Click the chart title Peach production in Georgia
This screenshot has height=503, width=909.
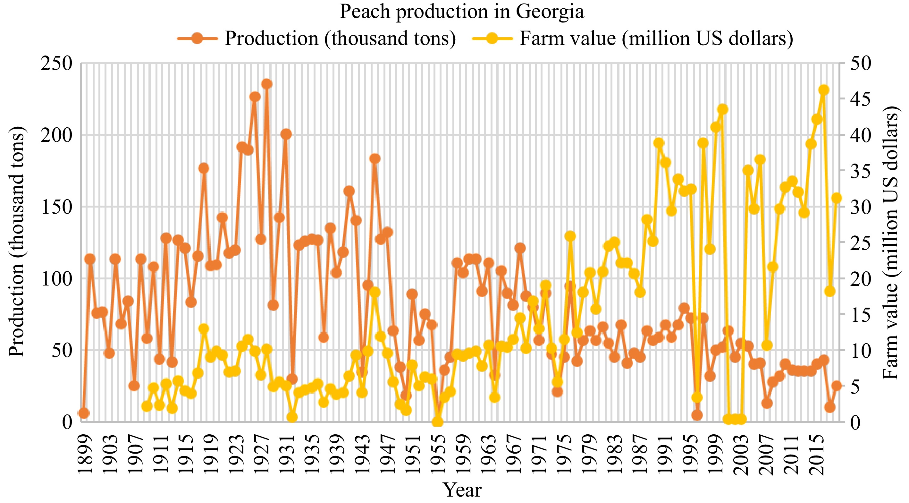pos(462,11)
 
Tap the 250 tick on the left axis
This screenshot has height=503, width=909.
pos(56,64)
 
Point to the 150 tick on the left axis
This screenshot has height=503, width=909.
pos(56,207)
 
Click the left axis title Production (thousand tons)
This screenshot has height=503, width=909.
pos(17,242)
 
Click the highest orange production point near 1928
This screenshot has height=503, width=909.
pos(267,84)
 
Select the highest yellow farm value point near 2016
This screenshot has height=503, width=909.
pos(824,90)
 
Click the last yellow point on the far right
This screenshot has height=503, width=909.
pos(836,198)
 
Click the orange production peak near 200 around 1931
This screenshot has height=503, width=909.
pos(286,134)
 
